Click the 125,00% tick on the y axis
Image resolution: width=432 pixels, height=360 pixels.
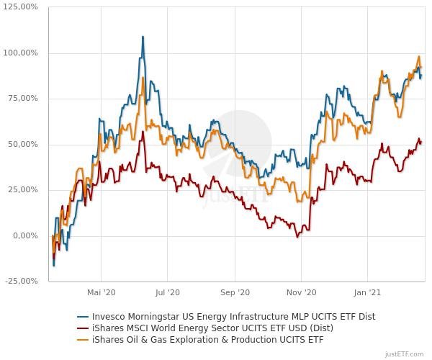(x=21, y=7)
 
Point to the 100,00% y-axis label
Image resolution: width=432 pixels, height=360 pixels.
(x=21, y=53)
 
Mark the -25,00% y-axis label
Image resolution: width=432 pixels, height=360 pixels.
(x=22, y=281)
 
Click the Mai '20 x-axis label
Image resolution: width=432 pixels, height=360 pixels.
(x=101, y=293)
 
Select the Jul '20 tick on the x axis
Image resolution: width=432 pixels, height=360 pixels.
(x=167, y=293)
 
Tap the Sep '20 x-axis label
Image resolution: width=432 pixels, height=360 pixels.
(x=235, y=293)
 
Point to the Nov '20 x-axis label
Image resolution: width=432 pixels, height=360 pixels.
(x=302, y=293)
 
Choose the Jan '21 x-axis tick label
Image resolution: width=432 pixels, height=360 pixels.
(x=368, y=293)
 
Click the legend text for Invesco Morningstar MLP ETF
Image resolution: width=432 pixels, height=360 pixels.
(x=233, y=316)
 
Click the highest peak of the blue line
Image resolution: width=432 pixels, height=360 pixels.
(x=143, y=37)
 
